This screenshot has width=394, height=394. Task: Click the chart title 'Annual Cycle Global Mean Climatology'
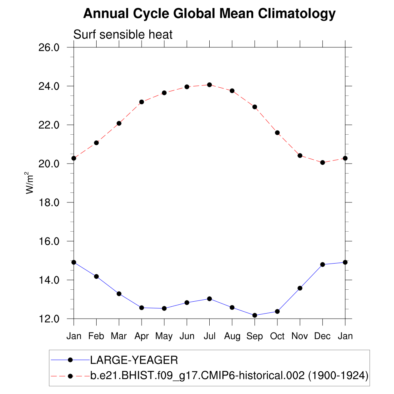pos(209,14)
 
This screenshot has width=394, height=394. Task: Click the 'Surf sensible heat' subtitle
pos(123,35)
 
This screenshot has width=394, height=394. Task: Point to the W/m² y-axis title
pos(30,183)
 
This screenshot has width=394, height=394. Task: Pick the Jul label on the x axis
pos(209,336)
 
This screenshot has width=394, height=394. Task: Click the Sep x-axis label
pos(254,336)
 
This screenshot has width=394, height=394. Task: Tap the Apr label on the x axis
pos(142,336)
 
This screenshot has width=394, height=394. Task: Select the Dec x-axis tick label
pos(322,336)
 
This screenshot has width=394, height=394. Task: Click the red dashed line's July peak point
pos(209,85)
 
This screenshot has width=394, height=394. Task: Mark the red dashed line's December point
pos(322,162)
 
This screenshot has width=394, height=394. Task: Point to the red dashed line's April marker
pos(142,102)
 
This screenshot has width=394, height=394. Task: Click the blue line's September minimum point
pos(255,315)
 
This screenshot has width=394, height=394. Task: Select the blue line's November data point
pos(300,288)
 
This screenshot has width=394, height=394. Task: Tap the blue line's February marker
pos(96,276)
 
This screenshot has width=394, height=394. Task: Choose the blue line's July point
pos(209,299)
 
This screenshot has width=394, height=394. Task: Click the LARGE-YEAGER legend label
pos(134,360)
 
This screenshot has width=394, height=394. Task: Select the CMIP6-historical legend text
pos(229,375)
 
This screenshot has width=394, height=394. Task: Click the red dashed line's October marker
pos(277,133)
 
